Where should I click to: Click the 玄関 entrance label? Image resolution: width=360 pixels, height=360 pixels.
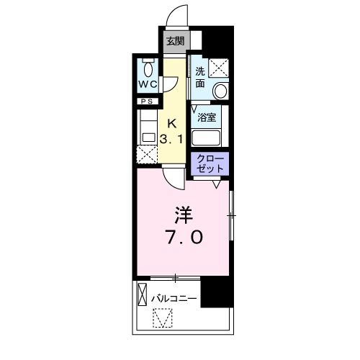click(x=174, y=41)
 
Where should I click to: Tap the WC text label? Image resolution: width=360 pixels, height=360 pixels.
click(x=148, y=84)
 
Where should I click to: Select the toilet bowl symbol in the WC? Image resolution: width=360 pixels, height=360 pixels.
click(x=149, y=68)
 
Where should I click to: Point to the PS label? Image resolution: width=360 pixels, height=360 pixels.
click(x=147, y=101)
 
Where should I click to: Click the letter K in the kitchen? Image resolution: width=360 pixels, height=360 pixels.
click(x=173, y=123)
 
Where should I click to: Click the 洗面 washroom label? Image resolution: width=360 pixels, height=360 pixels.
click(x=200, y=77)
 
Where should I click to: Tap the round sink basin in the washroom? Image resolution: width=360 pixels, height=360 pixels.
click(x=219, y=91)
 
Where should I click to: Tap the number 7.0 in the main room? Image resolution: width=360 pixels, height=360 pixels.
click(x=183, y=237)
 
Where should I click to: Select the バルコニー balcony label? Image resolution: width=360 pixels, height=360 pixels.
click(x=174, y=297)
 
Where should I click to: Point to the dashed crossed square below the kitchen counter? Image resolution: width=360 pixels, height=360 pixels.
click(x=147, y=153)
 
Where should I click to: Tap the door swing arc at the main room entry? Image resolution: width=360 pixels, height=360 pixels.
click(x=169, y=177)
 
